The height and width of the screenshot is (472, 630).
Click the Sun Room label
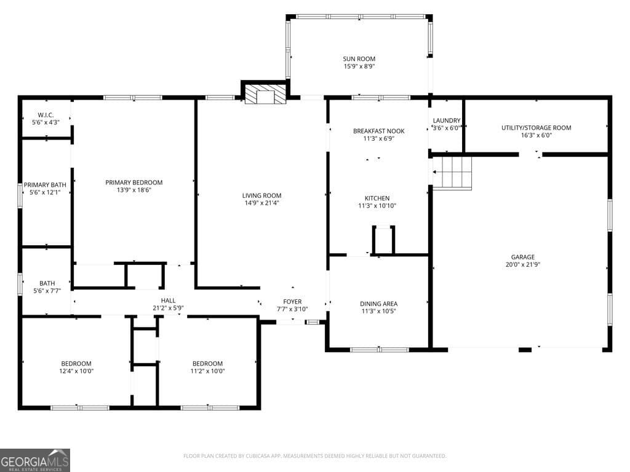tap(359, 59)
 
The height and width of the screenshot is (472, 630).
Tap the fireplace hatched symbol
tap(265, 95)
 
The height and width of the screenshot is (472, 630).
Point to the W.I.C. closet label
tap(46, 115)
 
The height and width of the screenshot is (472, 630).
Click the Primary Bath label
tap(45, 184)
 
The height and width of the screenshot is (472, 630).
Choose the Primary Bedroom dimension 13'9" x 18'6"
tap(134, 190)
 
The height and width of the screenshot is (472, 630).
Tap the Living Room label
tap(261, 195)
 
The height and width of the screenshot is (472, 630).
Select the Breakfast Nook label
tap(378, 131)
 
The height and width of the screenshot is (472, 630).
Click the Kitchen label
tap(377, 198)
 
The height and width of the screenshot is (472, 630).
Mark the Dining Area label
tap(378, 304)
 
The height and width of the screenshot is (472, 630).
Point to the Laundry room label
tap(446, 120)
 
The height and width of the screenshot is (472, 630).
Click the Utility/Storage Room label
tap(536, 128)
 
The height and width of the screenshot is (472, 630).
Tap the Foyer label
tap(292, 301)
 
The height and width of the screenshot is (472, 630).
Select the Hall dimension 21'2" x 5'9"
tap(168, 308)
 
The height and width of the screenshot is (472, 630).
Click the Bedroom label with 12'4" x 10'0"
tap(76, 363)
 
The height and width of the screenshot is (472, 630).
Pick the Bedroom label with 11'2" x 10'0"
tap(207, 363)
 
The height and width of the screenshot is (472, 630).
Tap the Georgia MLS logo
tap(35, 460)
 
